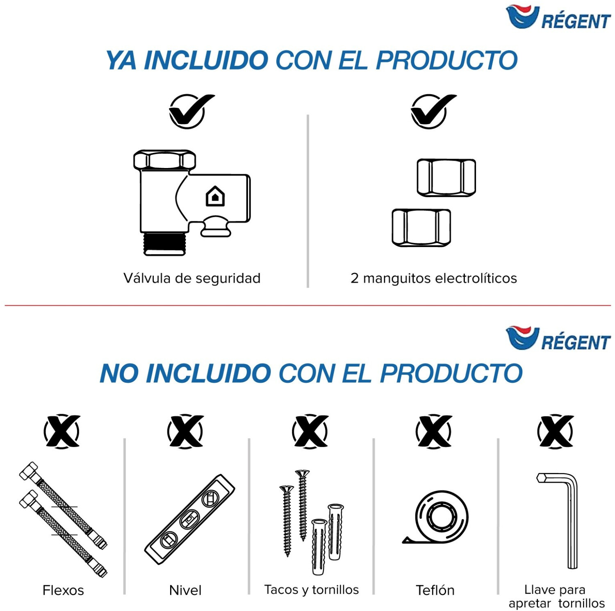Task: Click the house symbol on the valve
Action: [215, 196]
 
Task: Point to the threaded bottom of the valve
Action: [164, 244]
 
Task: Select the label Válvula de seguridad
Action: [192, 278]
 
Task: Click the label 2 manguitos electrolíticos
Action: [434, 278]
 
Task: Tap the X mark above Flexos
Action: [62, 431]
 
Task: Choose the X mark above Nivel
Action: [185, 431]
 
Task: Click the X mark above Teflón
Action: [434, 431]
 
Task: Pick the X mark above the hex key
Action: [556, 431]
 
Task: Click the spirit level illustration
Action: [189, 520]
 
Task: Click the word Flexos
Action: [63, 590]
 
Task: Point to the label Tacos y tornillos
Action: [312, 590]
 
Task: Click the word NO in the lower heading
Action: [118, 373]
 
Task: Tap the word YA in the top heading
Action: [121, 60]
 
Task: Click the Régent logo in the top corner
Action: [558, 17]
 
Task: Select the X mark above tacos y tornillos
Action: [310, 431]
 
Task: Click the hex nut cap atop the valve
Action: [164, 160]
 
